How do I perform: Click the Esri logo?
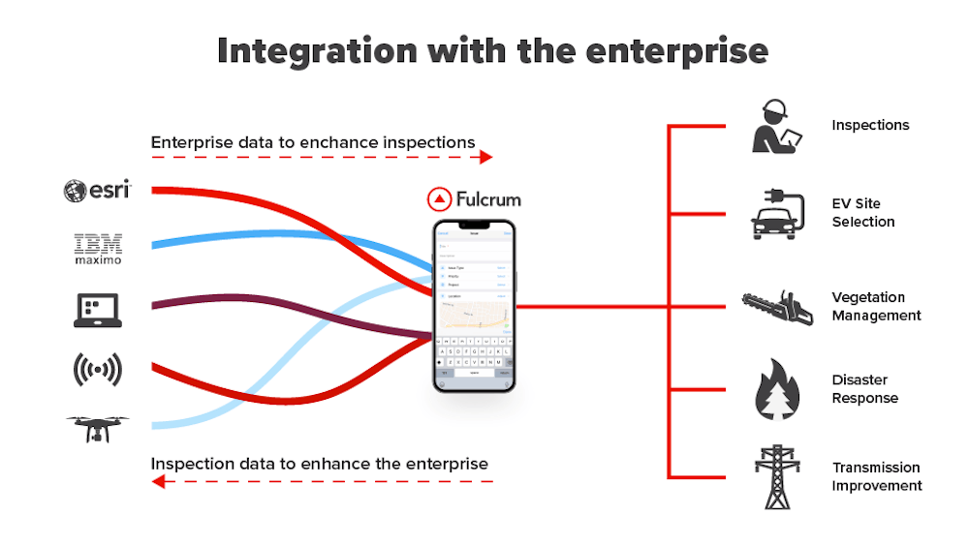(97, 191)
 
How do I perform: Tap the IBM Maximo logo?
(97, 248)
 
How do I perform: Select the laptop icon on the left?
(97, 310)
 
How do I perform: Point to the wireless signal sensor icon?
(97, 369)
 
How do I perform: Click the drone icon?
(98, 428)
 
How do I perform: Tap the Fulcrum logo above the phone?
(474, 199)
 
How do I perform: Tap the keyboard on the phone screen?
(474, 356)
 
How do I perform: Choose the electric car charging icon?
(777, 214)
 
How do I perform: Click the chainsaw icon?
(777, 307)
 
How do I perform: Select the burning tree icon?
(777, 389)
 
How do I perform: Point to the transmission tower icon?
(777, 476)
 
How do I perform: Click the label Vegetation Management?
(876, 306)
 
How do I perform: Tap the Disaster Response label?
(864, 389)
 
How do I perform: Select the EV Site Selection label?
(862, 213)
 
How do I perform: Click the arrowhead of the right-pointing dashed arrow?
(486, 157)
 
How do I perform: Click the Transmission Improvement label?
(876, 476)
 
